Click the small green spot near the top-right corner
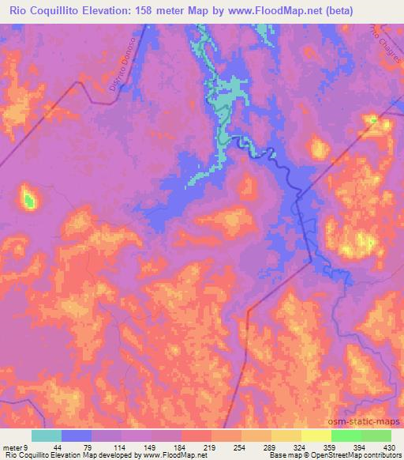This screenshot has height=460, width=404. pyautogui.click(x=372, y=120)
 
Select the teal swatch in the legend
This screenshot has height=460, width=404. pyautogui.click(x=47, y=435)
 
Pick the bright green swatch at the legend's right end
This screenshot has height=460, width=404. pyautogui.click(x=376, y=435)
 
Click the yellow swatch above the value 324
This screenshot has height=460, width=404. pyautogui.click(x=286, y=435)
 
